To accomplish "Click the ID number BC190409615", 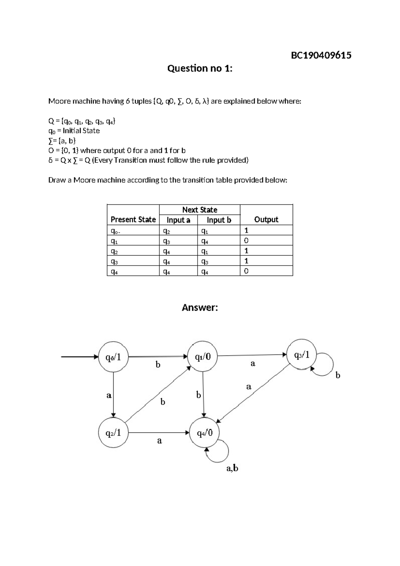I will click(x=321, y=55).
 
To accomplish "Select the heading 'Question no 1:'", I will click(x=200, y=68).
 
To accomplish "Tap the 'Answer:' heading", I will click(x=200, y=307).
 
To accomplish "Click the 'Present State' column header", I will click(x=133, y=220).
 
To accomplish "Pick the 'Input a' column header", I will click(x=178, y=220).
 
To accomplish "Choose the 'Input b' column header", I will click(x=219, y=220).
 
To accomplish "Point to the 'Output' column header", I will click(x=266, y=220).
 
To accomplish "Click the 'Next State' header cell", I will click(x=200, y=210).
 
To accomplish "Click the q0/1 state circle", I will click(x=113, y=357).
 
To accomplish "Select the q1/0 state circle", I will click(x=203, y=357).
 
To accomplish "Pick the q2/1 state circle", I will click(x=113, y=433).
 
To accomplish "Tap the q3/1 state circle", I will click(x=302, y=355).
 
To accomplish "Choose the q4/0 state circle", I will click(x=204, y=433).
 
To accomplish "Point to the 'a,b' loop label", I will click(x=232, y=468).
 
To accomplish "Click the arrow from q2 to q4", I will click(x=159, y=433).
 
